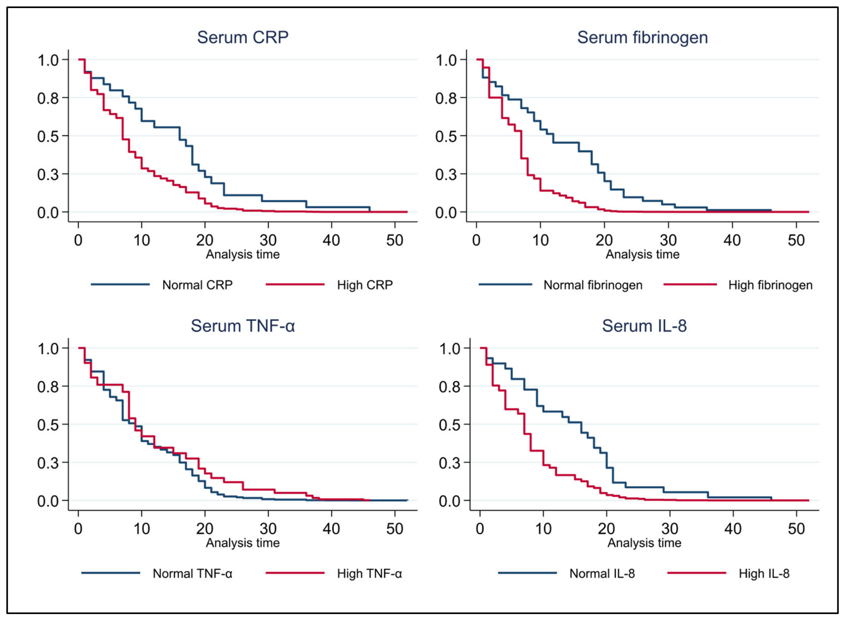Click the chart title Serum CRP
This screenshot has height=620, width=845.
point(243,37)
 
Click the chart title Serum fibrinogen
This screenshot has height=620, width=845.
point(642,38)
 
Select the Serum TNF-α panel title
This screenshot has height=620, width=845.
point(242,326)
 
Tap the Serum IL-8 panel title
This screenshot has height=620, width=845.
point(644,326)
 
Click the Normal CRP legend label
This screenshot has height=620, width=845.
point(197,285)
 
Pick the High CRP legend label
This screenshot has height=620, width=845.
point(365,285)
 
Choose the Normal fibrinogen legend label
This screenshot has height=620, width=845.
point(593,285)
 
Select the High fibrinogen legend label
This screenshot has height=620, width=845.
point(770,285)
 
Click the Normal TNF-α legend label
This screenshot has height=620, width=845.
point(193,573)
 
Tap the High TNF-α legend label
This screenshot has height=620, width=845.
point(369,573)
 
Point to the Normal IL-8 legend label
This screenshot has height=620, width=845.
point(602,573)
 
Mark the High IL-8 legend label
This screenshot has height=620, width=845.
point(764,573)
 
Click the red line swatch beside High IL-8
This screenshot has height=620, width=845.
point(696,573)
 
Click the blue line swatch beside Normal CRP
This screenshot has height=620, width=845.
point(120,284)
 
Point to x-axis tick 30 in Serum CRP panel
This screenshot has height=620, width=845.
point(268,240)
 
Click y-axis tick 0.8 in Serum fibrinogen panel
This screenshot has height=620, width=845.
point(446,98)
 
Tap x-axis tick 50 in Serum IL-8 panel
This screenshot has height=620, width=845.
point(796,529)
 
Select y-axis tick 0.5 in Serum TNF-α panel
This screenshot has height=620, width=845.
point(48,425)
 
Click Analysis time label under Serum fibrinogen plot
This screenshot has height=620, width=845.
point(642,254)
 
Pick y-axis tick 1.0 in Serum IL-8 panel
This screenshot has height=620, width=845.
point(450,349)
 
